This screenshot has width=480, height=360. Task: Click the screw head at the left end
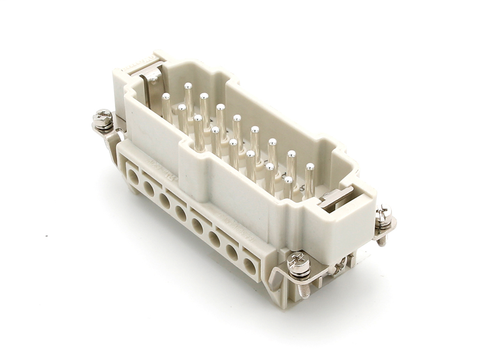tap(102, 122)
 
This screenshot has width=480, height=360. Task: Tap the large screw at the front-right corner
tap(298, 264)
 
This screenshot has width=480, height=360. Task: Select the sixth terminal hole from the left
tap(214, 238)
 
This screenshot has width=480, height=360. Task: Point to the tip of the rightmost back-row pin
tap(310, 167)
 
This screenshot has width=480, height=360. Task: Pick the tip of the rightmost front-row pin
tap(288, 181)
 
